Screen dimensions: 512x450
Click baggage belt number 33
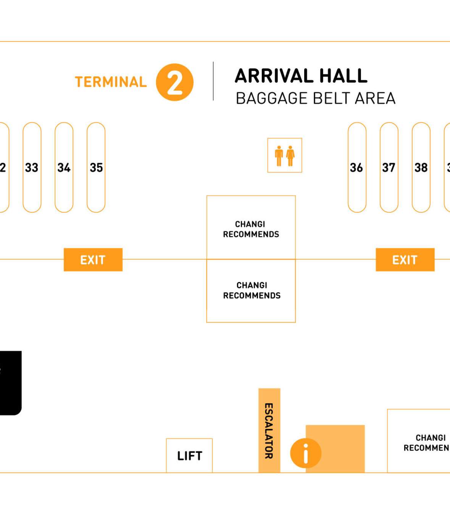[x=32, y=167]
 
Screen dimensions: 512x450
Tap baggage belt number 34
[x=64, y=167]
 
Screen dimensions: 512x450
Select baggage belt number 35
[x=96, y=167]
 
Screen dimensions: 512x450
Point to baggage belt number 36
[x=356, y=167]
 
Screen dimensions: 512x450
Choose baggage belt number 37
[x=389, y=167]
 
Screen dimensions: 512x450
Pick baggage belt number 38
[x=421, y=167]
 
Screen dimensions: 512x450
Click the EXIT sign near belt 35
[x=93, y=260]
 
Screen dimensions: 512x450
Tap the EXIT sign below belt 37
[x=405, y=260]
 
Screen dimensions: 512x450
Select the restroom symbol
[x=285, y=156]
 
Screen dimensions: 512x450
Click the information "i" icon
[x=305, y=453]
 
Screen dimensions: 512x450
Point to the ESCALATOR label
[x=269, y=431]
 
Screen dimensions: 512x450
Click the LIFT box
[x=189, y=456]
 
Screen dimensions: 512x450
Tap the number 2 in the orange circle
[x=175, y=82]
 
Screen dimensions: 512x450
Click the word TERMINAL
[x=111, y=82]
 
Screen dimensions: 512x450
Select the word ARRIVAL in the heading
[x=274, y=75]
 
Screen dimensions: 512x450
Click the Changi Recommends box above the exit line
[x=251, y=229]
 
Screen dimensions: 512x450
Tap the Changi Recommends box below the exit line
[x=251, y=291]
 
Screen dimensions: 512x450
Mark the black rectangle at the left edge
[x=10, y=383]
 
